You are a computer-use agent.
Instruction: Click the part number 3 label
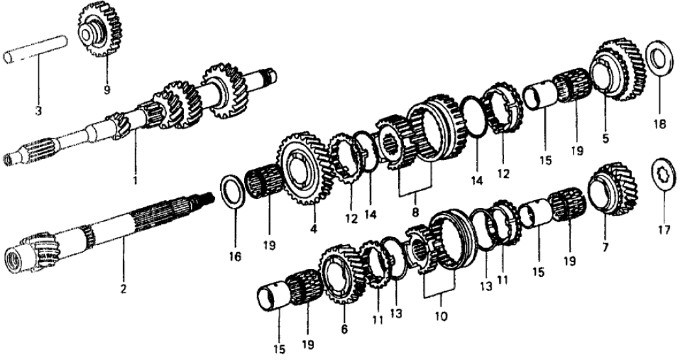point(38,111)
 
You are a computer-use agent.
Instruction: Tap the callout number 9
point(107,90)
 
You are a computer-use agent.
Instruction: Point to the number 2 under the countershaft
point(123,289)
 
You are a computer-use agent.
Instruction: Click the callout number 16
point(235,257)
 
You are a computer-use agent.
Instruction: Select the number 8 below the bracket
point(416,212)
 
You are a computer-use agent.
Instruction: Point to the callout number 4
point(314,228)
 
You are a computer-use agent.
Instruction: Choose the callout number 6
point(344,329)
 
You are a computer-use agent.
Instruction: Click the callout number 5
point(605,139)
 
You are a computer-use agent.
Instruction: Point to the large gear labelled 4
point(305,168)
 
